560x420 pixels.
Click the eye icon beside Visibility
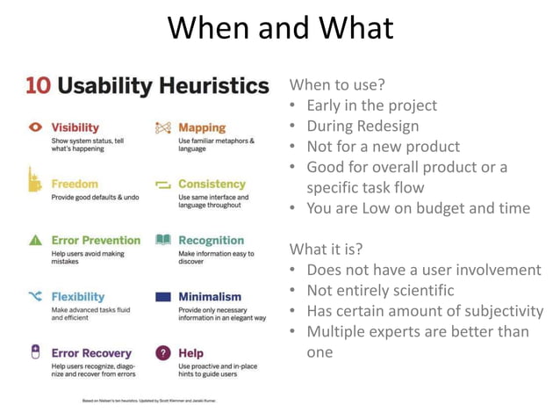click(x=36, y=127)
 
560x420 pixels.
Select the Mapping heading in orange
click(x=201, y=127)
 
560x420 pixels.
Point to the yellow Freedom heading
click(x=75, y=184)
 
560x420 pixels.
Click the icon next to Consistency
click(x=162, y=185)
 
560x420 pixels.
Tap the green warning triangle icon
click(x=36, y=240)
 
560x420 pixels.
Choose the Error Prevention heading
click(x=96, y=240)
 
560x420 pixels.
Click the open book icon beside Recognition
click(x=162, y=240)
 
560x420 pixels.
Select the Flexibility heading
click(x=77, y=296)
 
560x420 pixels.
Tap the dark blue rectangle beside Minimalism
click(x=162, y=297)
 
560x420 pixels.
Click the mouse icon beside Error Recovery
click(x=36, y=352)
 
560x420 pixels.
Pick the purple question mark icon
click(x=162, y=352)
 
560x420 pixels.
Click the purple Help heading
click(x=190, y=352)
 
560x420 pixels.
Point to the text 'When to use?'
click(x=337, y=85)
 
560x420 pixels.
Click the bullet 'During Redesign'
click(x=362, y=126)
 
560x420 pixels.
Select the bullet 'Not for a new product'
click(x=383, y=146)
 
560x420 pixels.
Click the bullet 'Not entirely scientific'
click(x=380, y=290)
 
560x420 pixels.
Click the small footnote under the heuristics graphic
click(x=149, y=400)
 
